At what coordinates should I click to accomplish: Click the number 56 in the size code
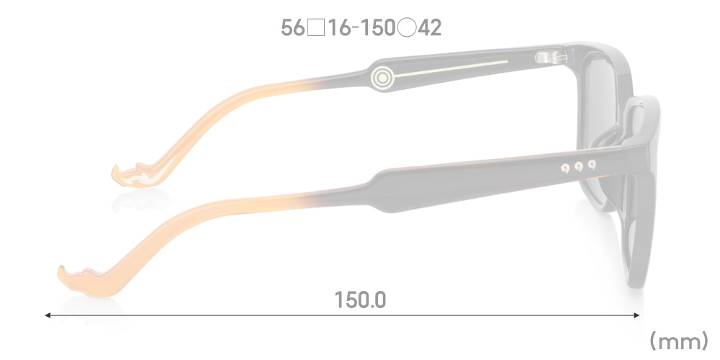point(293,29)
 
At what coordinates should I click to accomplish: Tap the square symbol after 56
point(316,29)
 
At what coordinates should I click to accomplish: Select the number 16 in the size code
point(340,29)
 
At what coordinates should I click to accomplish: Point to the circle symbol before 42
point(407,29)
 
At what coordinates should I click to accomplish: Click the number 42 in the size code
point(429,29)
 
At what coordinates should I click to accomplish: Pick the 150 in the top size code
point(377,29)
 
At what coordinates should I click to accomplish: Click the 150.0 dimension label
point(361,300)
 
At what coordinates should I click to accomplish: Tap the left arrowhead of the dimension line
point(48,315)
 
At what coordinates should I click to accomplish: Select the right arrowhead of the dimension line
point(636,315)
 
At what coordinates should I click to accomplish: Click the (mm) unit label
point(679,341)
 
